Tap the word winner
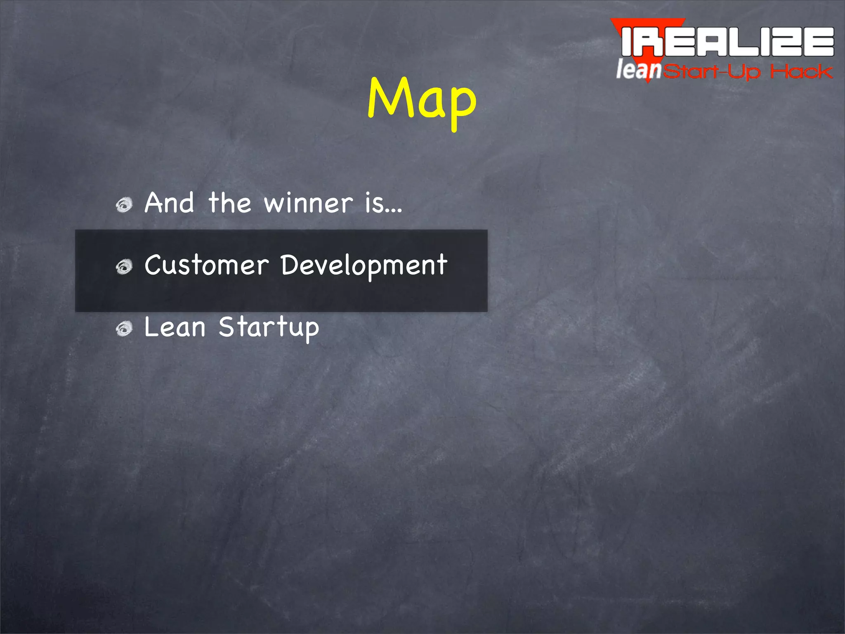coord(308,203)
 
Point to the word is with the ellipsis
coord(382,203)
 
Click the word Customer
coord(206,265)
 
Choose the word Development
coord(363,266)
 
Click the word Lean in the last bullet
coord(175,327)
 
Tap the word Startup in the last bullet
coord(269,329)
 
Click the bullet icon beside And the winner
coord(124,205)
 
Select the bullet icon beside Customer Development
coord(124,267)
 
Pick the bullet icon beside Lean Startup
coord(124,329)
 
